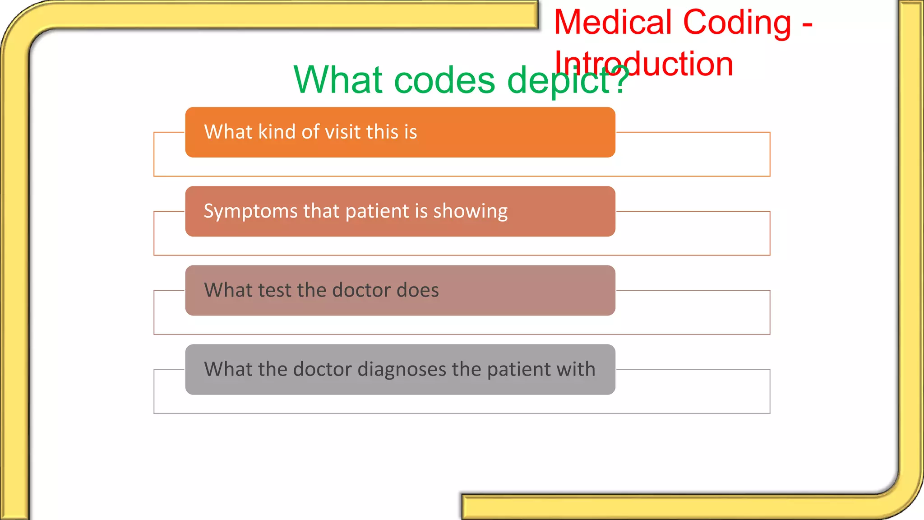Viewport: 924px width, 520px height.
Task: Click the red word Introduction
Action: point(643,64)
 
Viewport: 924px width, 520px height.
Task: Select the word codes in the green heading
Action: point(444,80)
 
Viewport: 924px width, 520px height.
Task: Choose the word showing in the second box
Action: point(470,211)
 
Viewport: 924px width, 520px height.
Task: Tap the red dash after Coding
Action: point(807,23)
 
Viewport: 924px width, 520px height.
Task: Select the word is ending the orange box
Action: point(411,132)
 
